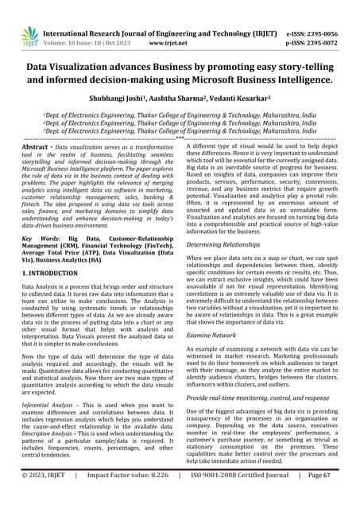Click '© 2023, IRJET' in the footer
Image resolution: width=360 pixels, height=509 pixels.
(47, 496)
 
